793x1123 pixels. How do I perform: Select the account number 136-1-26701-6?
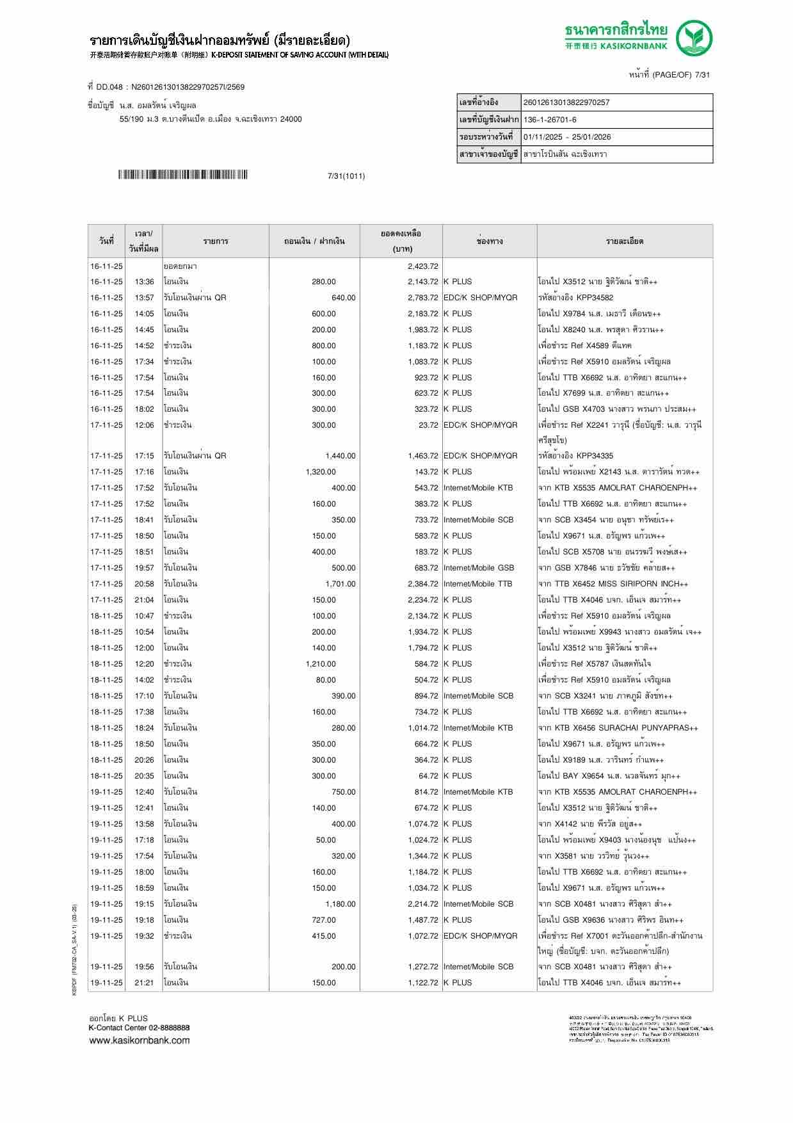click(549, 120)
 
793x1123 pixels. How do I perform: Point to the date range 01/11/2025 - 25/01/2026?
click(566, 137)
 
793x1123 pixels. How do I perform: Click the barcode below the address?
click(182, 175)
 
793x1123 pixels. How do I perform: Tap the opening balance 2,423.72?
click(422, 266)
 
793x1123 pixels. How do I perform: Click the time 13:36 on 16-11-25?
click(144, 282)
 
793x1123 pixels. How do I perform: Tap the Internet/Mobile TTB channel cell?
click(477, 584)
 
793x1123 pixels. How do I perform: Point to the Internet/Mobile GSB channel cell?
click(478, 568)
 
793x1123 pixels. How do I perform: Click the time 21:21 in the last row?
click(144, 983)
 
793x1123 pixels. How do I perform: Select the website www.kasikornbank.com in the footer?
click(139, 1040)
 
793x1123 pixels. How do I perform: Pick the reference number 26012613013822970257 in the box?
click(566, 102)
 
